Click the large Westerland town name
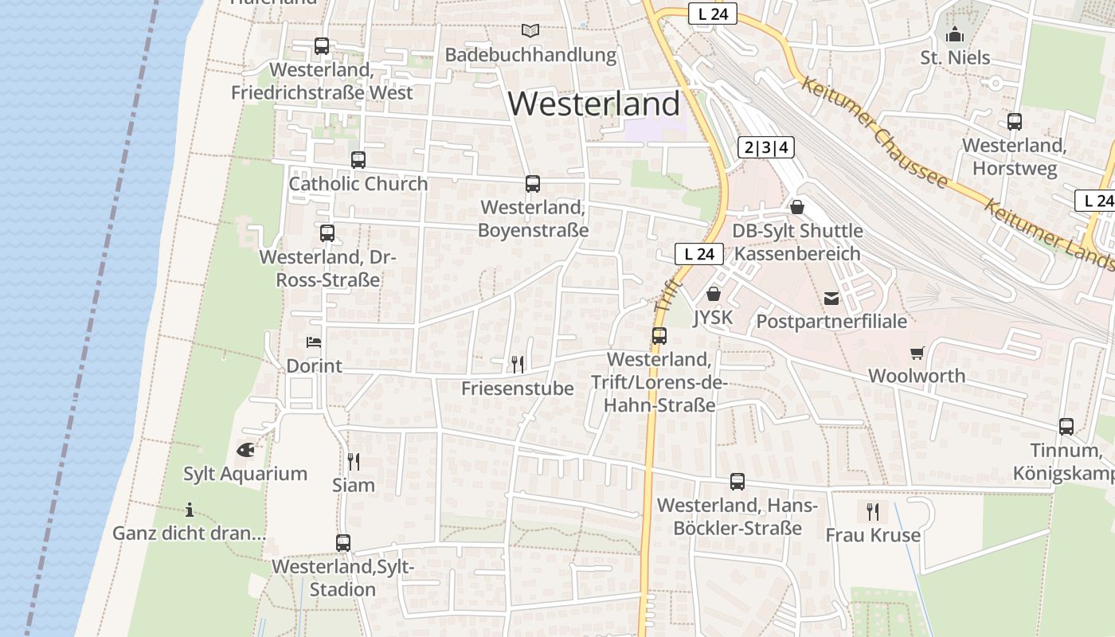pyautogui.click(x=594, y=104)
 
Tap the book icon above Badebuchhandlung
pyautogui.click(x=530, y=31)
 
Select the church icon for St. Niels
pyautogui.click(x=955, y=34)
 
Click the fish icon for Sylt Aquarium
pyautogui.click(x=245, y=450)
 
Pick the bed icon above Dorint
pyautogui.click(x=314, y=342)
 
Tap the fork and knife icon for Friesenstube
pyautogui.click(x=518, y=365)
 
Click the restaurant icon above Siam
pyautogui.click(x=354, y=461)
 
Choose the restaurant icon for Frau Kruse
pyautogui.click(x=873, y=511)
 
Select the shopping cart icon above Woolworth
pyautogui.click(x=917, y=352)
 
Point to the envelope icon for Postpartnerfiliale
pyautogui.click(x=831, y=299)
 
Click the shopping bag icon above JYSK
pyautogui.click(x=713, y=294)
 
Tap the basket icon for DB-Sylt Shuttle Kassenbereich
pyautogui.click(x=797, y=207)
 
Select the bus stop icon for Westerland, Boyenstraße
pyautogui.click(x=533, y=184)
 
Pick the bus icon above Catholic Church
pyautogui.click(x=358, y=160)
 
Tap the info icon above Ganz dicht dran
pyautogui.click(x=190, y=510)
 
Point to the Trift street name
pyautogui.click(x=667, y=295)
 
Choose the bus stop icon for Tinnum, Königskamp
pyautogui.click(x=1066, y=427)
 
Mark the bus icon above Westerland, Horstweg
pyautogui.click(x=1015, y=122)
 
